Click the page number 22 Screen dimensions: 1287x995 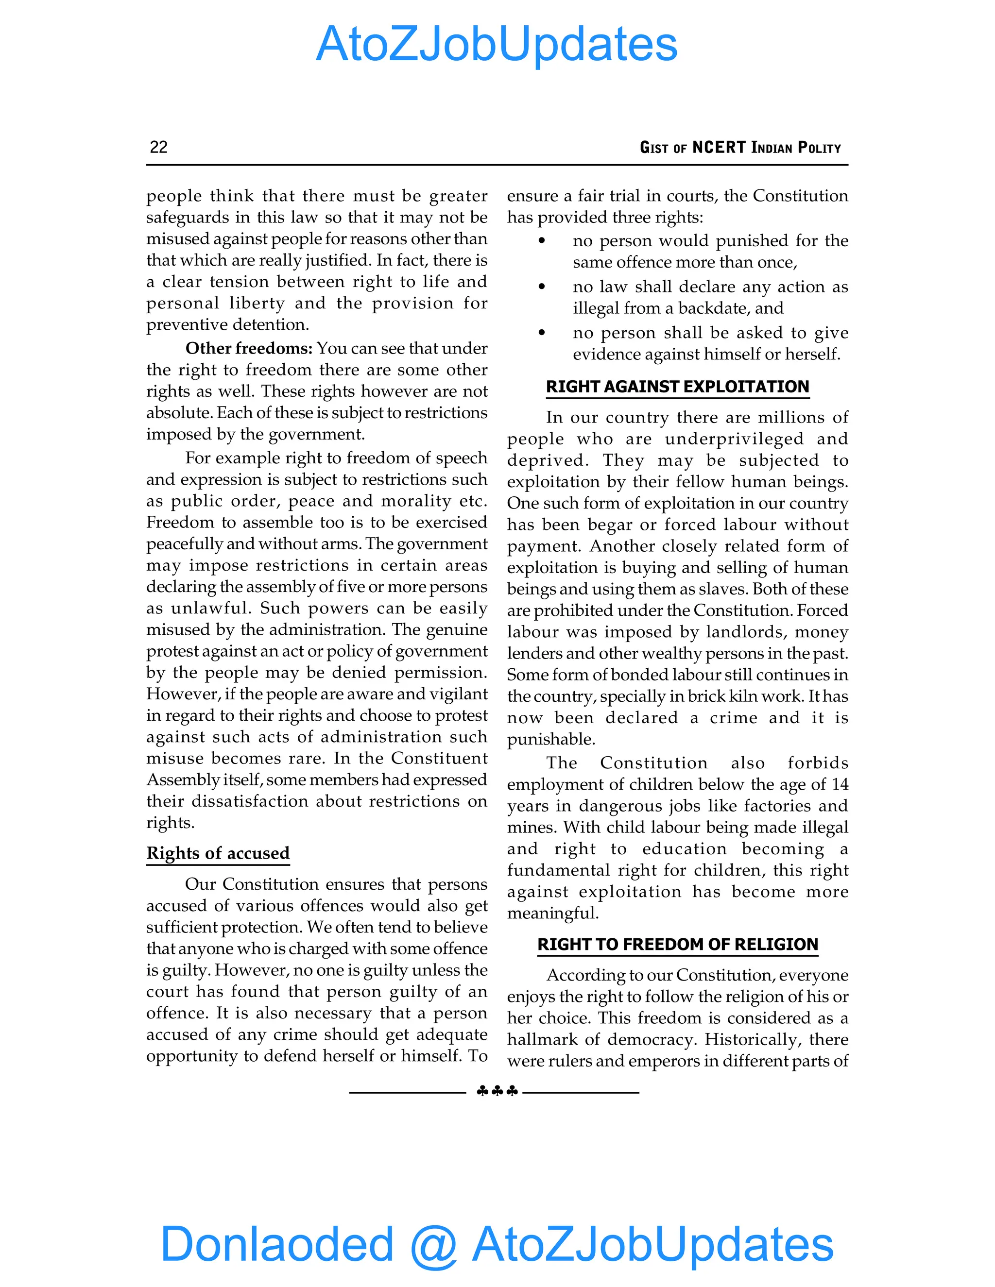(x=158, y=147)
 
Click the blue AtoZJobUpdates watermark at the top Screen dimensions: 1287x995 (x=497, y=44)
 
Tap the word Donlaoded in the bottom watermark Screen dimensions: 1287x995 (x=276, y=1243)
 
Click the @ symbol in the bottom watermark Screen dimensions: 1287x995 (x=433, y=1245)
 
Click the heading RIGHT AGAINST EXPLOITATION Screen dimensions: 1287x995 (x=677, y=387)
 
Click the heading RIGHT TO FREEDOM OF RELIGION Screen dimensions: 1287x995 (x=677, y=944)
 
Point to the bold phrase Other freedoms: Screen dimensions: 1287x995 (x=249, y=348)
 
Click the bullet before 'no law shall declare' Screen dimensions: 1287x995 (x=542, y=287)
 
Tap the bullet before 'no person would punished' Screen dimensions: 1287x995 (x=542, y=241)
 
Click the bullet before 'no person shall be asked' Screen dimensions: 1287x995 (x=542, y=333)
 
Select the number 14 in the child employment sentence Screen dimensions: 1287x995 (x=840, y=784)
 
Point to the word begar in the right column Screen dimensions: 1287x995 (x=614, y=525)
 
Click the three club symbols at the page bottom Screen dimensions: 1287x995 (x=497, y=1091)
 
